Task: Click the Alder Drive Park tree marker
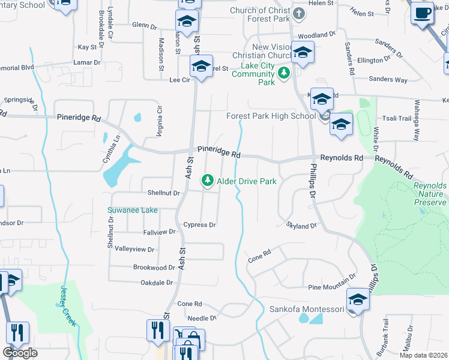(208, 180)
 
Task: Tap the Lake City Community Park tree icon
(284, 73)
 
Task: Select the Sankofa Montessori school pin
(357, 299)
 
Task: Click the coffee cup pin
(423, 13)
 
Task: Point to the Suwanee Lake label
(132, 210)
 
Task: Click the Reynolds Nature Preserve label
(430, 194)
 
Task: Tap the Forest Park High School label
(270, 116)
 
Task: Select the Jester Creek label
(67, 305)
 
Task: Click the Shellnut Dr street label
(164, 193)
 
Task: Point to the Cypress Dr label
(199, 225)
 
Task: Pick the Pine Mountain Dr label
(329, 288)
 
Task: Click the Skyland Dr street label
(300, 226)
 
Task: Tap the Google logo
(20, 353)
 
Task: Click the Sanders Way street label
(388, 80)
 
